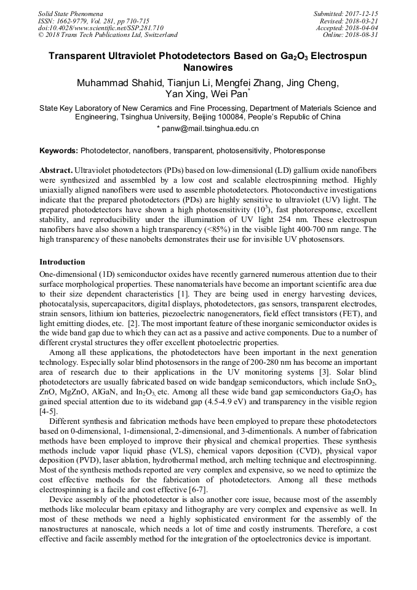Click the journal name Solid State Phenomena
point(70,13)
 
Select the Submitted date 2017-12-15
point(362,13)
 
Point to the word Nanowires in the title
point(208,68)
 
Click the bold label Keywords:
point(58,151)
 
